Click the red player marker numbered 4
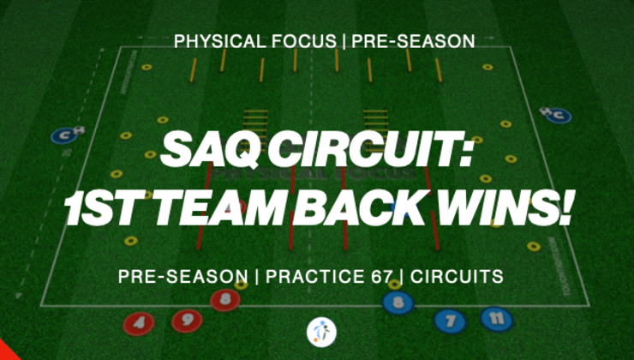(x=139, y=324)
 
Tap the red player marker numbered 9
(x=185, y=321)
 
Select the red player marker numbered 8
(x=224, y=299)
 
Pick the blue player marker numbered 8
(x=398, y=302)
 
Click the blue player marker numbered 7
(x=450, y=322)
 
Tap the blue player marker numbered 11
(x=496, y=319)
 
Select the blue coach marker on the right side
(x=556, y=115)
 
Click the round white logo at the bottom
(x=321, y=332)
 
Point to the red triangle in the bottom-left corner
(x=7, y=351)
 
